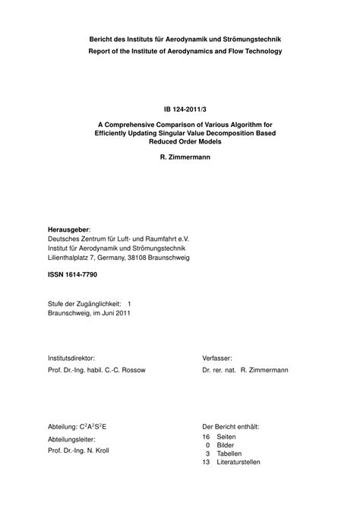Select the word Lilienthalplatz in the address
pyautogui.click(x=71, y=257)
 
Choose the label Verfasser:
pyautogui.click(x=217, y=357)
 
